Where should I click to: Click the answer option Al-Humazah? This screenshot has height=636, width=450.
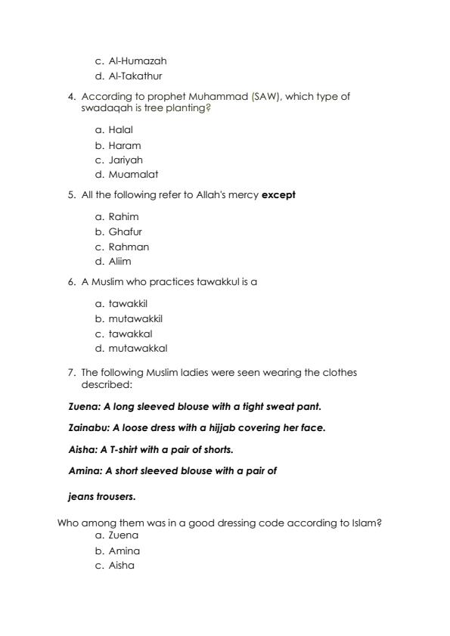137,61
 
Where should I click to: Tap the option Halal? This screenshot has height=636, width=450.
120,130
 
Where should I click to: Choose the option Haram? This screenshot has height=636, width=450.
124,145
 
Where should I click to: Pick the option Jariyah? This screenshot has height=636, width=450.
126,160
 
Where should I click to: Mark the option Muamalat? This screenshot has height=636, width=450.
133,175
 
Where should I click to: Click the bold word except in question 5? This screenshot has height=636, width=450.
278,195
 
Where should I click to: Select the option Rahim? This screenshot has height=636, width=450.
123,217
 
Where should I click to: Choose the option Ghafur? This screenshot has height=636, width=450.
125,232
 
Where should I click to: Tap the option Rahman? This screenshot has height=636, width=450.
129,247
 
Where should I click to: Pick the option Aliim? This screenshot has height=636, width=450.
119,262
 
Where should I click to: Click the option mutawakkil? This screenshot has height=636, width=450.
135,319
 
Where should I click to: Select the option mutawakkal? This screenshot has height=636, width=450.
138,349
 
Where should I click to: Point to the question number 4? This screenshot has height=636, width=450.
71,97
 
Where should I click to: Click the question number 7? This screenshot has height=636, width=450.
71,373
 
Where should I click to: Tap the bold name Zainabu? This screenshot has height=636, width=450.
88,428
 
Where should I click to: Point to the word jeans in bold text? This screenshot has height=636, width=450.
81,498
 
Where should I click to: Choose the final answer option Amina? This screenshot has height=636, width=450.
124,551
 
